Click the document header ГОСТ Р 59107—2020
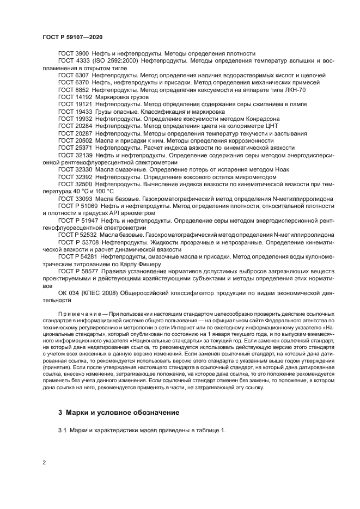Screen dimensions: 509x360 72,36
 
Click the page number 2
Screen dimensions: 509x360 44,463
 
